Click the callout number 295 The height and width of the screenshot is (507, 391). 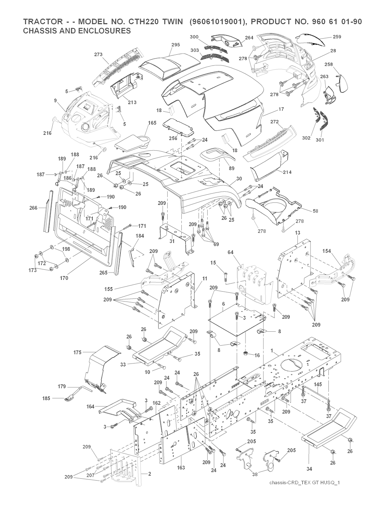176,45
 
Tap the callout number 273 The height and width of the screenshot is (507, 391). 98,54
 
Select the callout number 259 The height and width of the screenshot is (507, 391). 337,37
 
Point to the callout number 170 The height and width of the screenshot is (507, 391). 64,278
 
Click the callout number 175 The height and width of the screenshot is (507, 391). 77,352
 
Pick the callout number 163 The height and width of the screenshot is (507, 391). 181,468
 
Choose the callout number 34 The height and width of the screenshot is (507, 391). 309,468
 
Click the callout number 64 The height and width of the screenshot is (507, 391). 230,253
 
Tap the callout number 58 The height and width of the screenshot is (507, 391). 315,211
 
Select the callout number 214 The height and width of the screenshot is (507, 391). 287,172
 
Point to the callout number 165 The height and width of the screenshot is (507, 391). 152,123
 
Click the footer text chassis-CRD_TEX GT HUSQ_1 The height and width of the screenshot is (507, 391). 304,493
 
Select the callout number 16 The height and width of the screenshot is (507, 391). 257,355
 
